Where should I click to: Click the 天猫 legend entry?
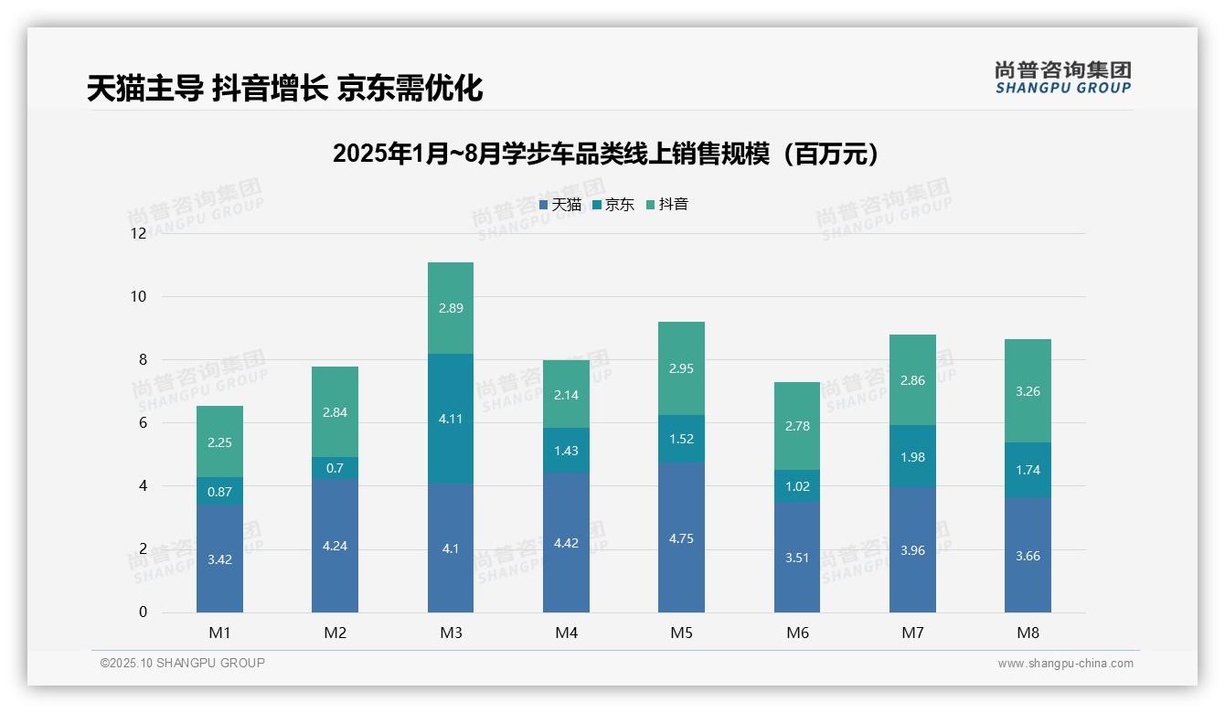[560, 205]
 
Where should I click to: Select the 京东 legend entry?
[613, 205]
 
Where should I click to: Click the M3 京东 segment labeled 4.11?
[451, 419]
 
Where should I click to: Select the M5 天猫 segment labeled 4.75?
[681, 537]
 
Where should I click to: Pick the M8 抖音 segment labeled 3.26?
[1028, 391]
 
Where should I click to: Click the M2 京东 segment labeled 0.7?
[335, 468]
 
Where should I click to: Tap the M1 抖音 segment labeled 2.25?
[219, 442]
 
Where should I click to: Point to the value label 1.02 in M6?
[797, 486]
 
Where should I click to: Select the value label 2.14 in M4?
[566, 395]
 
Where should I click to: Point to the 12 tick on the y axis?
[138, 233]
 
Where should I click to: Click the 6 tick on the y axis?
[142, 422]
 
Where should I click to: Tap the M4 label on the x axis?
[566, 633]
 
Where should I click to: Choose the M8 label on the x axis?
[1028, 633]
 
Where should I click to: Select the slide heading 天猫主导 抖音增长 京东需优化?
[284, 89]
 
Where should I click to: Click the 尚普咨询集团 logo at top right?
[1062, 78]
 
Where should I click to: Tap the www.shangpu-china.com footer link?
[1065, 664]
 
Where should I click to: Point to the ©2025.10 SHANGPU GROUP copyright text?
[183, 663]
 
